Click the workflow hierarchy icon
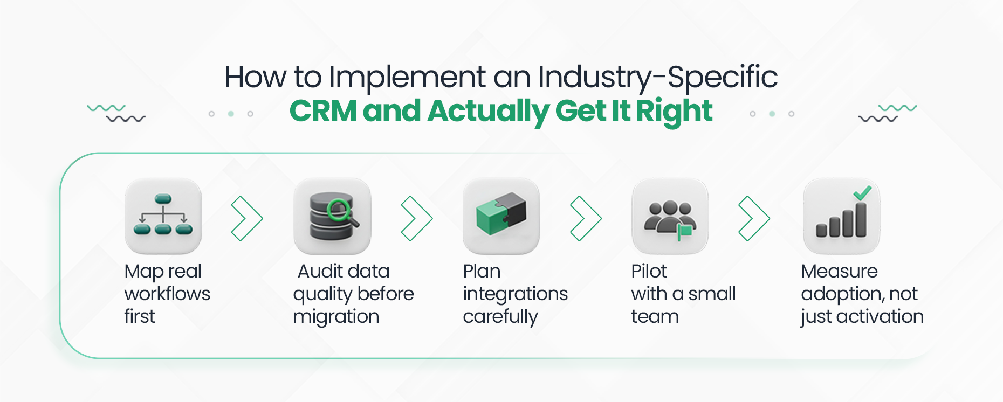[163, 216]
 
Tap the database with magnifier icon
[332, 216]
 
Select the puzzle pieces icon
[501, 216]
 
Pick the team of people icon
[670, 216]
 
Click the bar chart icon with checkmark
[841, 216]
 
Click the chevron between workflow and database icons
[247, 218]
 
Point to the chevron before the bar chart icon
[754, 218]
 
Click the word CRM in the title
[323, 111]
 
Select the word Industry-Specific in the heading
[658, 77]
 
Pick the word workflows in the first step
[167, 294]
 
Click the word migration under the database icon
[336, 316]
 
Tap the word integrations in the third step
[515, 294]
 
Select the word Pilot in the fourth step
[649, 271]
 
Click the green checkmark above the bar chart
[862, 192]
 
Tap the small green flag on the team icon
[685, 231]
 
